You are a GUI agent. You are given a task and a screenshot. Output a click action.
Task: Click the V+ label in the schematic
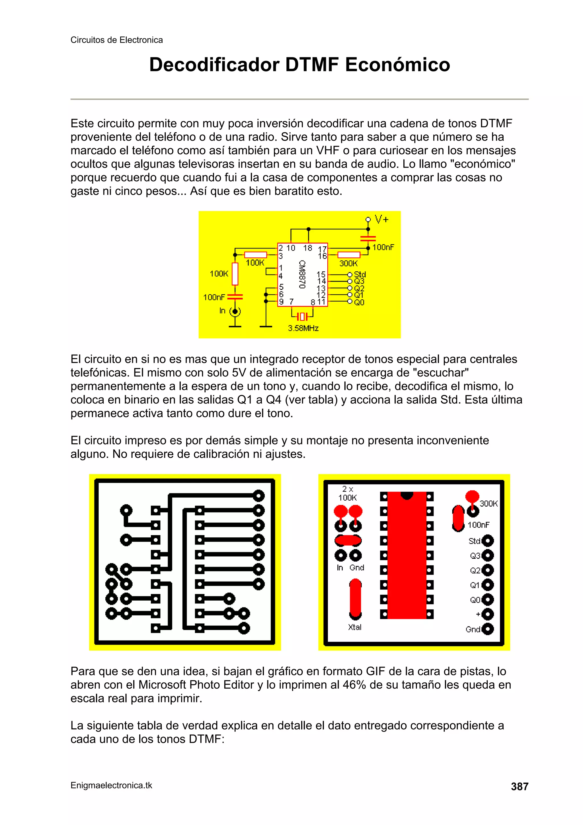pyautogui.click(x=381, y=220)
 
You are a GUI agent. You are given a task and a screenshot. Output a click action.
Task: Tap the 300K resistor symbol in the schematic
pyautogui.click(x=348, y=255)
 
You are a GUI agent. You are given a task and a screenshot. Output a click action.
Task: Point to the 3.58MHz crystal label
pyautogui.click(x=303, y=328)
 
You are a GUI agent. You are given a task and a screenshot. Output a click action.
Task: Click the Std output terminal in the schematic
pyautogui.click(x=350, y=275)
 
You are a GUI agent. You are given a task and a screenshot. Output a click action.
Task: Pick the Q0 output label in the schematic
pyautogui.click(x=359, y=302)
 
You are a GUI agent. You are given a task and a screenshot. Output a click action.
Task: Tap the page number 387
pyautogui.click(x=520, y=786)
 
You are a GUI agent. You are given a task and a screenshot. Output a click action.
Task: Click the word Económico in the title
pyautogui.click(x=397, y=65)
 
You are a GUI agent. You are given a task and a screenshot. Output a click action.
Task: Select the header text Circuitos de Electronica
pyautogui.click(x=116, y=40)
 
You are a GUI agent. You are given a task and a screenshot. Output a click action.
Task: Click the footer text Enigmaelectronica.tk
pyautogui.click(x=111, y=785)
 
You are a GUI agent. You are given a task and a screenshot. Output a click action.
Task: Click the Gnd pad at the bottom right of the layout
pyautogui.click(x=487, y=629)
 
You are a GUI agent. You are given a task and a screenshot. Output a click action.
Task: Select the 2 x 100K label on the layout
pyautogui.click(x=347, y=493)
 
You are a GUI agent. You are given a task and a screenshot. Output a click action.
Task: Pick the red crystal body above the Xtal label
pyautogui.click(x=355, y=597)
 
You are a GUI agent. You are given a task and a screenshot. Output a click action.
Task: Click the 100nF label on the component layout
pyautogui.click(x=478, y=525)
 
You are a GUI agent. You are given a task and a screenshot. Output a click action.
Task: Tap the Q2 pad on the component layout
pyautogui.click(x=487, y=570)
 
